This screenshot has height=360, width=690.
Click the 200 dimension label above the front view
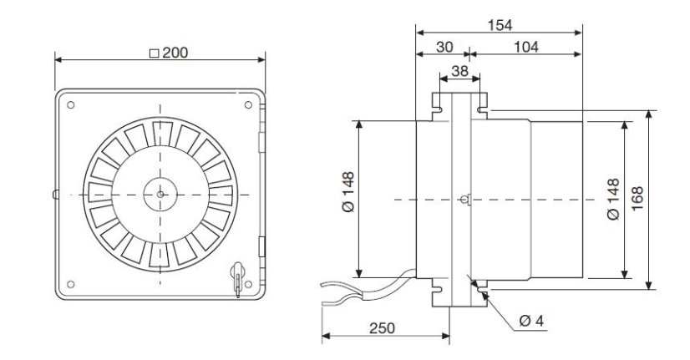175,53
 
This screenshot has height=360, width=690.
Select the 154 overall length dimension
500,25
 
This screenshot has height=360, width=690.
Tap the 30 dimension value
444,47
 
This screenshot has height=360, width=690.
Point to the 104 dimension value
526,47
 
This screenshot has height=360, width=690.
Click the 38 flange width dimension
459,71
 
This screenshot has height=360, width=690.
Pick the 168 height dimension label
637,199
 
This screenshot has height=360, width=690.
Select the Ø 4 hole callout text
531,321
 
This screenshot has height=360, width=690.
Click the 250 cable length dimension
382,328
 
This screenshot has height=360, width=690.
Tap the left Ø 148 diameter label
348,192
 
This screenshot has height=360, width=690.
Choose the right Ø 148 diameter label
613,199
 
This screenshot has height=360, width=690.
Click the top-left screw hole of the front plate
70,104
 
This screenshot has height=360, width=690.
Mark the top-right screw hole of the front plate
248,104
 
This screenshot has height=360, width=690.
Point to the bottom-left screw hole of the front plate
70,284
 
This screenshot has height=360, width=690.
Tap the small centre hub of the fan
160,194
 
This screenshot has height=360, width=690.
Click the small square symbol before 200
154,53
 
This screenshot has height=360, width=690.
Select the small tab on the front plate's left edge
55,194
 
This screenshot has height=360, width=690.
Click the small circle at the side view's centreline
463,200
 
